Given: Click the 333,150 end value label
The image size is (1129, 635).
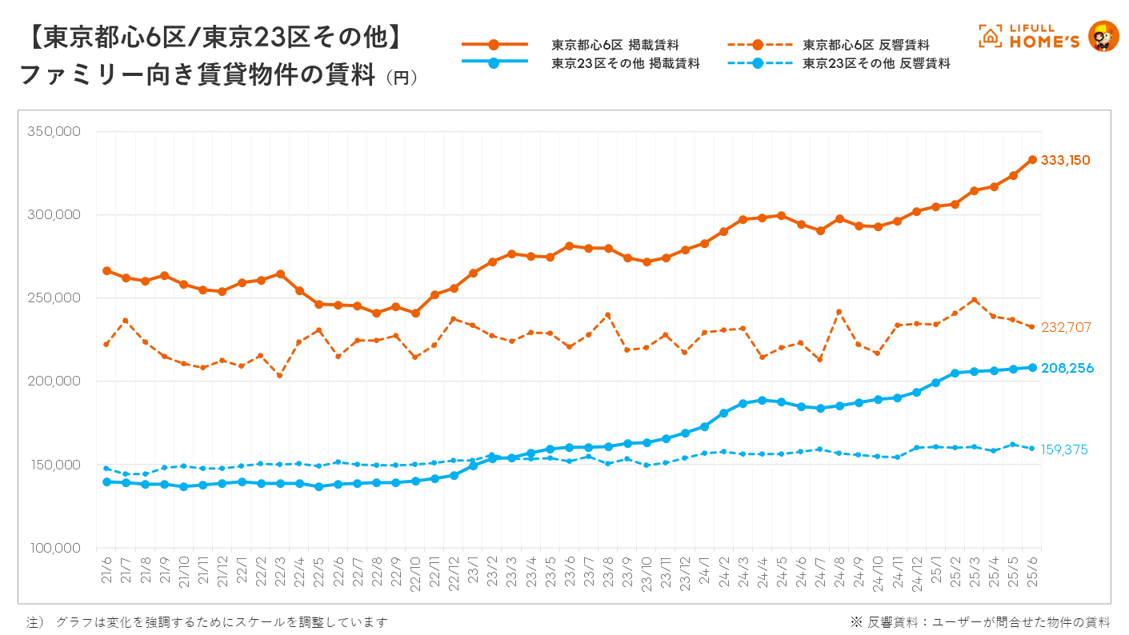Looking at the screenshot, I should click(x=1065, y=160).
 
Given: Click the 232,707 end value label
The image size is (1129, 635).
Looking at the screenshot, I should click(x=1066, y=328).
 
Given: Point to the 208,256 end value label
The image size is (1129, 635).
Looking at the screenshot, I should click(x=1067, y=368).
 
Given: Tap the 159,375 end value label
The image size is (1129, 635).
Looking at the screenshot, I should click(x=1064, y=449).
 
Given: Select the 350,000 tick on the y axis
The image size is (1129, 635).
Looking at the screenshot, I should click(x=54, y=131).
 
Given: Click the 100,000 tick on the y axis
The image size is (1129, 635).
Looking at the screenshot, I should click(x=54, y=548).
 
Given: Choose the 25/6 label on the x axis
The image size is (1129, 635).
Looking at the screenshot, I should click(x=1033, y=574).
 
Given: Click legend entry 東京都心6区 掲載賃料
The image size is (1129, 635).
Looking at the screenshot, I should click(x=615, y=45).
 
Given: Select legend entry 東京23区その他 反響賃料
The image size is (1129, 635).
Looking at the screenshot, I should click(x=876, y=63).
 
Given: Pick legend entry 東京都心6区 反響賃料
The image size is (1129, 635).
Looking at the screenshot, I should click(x=866, y=45).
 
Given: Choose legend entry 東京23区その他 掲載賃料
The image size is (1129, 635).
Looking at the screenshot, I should click(x=625, y=63).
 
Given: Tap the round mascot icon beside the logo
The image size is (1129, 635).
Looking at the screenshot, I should click(x=1104, y=37).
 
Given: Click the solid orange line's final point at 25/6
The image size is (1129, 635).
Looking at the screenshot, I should click(x=1032, y=160).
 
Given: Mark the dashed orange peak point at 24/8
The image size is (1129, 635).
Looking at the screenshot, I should click(x=839, y=312).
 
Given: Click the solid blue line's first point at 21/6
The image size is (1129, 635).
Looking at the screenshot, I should click(x=106, y=481).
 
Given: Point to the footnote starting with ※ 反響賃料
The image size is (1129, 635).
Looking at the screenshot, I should click(x=980, y=621).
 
